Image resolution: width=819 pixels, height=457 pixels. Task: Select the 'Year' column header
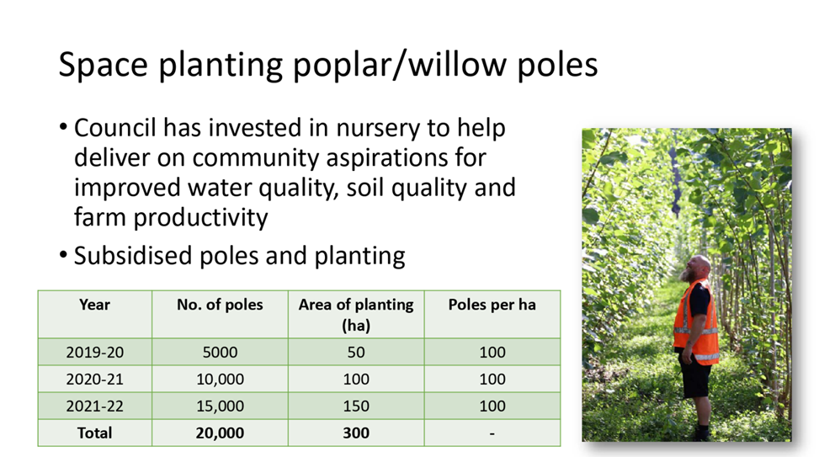(x=94, y=305)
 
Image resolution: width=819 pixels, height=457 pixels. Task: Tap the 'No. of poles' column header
(x=220, y=305)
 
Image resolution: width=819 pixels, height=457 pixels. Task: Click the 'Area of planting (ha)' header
(x=356, y=315)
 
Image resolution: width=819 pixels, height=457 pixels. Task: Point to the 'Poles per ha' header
(x=492, y=305)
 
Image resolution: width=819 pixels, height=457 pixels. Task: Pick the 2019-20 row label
(x=94, y=353)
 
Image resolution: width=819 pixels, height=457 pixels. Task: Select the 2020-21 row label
(x=94, y=380)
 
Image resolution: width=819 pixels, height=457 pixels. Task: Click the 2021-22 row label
(x=94, y=407)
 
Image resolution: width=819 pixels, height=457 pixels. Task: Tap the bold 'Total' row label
(x=94, y=433)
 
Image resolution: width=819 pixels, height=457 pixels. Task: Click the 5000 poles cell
(x=220, y=353)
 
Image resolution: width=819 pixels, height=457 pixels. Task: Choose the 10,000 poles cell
(x=220, y=380)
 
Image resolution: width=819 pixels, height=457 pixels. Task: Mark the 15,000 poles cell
(x=220, y=407)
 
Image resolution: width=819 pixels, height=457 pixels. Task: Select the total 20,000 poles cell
(x=220, y=433)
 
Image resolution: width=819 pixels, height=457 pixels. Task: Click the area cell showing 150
(x=356, y=407)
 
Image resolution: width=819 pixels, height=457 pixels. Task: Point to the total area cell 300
(x=356, y=433)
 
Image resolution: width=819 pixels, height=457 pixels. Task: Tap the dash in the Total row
(x=492, y=433)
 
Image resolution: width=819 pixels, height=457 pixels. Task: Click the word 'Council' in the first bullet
(x=115, y=128)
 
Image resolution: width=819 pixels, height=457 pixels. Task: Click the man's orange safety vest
(x=696, y=322)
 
